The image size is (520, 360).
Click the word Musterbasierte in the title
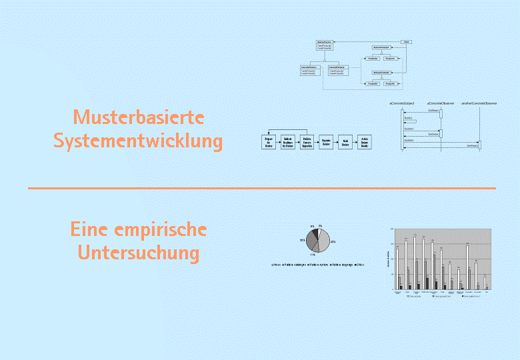pyautogui.click(x=139, y=117)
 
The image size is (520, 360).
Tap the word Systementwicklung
pyautogui.click(x=138, y=141)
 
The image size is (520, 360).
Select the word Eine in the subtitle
pyautogui.click(x=91, y=229)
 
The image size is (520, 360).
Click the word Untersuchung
pyautogui.click(x=138, y=253)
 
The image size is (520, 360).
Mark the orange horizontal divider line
pyautogui.click(x=261, y=188)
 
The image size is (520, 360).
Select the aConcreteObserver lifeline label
pyautogui.click(x=441, y=104)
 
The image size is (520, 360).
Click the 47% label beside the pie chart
pyautogui.click(x=332, y=242)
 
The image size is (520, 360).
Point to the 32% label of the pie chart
pyautogui.click(x=302, y=240)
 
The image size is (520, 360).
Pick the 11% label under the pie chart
pyautogui.click(x=313, y=255)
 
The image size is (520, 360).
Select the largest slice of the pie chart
pyautogui.click(x=323, y=243)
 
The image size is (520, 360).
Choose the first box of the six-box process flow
pyautogui.click(x=268, y=141)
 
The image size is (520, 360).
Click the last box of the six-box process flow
pyautogui.click(x=365, y=141)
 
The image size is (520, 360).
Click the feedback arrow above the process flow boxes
pyautogui.click(x=287, y=129)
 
